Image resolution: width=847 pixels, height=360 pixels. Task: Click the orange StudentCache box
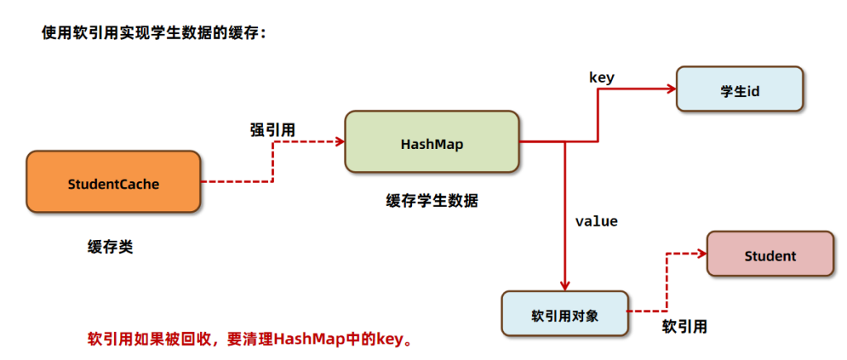113,185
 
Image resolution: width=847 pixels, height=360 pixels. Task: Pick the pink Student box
769,256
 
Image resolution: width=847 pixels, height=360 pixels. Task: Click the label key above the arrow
601,77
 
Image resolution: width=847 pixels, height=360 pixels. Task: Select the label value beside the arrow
596,222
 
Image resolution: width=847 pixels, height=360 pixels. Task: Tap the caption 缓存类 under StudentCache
110,247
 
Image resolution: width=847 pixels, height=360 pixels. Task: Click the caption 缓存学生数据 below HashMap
432,200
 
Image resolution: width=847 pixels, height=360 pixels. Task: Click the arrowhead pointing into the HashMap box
339,142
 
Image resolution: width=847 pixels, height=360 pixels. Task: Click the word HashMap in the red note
313,338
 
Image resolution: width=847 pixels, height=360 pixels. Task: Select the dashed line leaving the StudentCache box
236,181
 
